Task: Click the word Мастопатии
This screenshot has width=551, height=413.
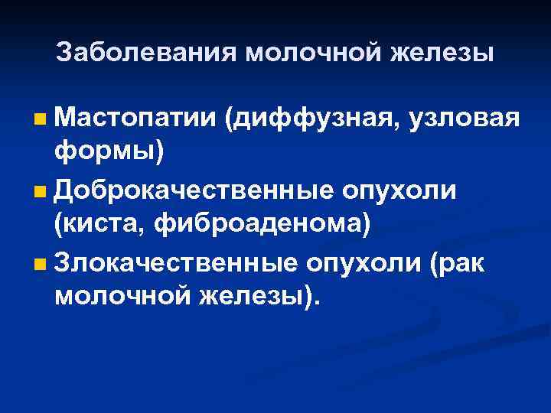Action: tap(135, 119)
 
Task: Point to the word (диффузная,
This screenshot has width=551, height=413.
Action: tap(312, 119)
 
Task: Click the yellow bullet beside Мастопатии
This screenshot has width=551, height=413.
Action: tap(39, 120)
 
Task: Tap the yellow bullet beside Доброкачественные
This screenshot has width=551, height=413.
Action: tap(39, 190)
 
